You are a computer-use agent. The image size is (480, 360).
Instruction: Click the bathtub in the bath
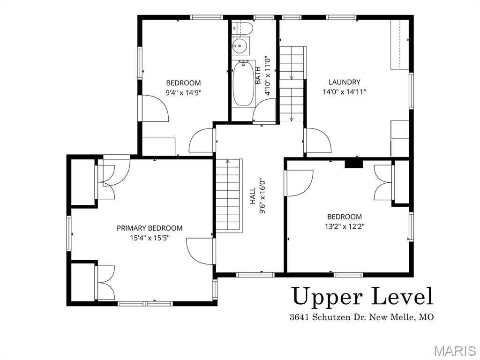click(x=244, y=84)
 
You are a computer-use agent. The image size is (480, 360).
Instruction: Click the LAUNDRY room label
click(x=344, y=82)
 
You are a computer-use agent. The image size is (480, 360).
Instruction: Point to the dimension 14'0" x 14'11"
click(x=344, y=92)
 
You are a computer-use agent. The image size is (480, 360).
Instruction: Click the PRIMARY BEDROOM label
click(x=150, y=228)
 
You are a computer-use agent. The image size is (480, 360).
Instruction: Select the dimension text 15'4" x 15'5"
click(x=150, y=238)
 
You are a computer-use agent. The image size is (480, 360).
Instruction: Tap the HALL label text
click(x=253, y=196)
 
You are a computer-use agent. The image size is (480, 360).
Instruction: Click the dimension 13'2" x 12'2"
click(x=345, y=226)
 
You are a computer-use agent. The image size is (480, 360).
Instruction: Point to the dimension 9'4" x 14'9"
click(x=183, y=93)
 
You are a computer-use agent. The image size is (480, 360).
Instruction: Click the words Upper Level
click(x=362, y=296)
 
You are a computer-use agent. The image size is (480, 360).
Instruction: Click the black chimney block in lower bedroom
click(x=354, y=163)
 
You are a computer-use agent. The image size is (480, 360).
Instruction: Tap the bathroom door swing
click(x=264, y=111)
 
